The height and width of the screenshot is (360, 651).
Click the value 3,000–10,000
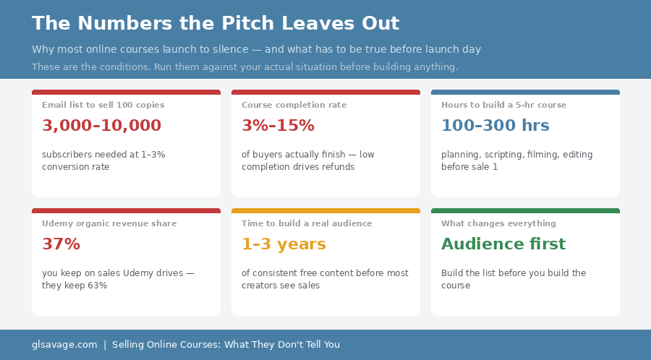point(101,126)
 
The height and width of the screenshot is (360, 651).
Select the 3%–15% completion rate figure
point(278,126)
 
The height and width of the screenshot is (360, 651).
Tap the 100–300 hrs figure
point(495,126)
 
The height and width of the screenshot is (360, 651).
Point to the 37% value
point(61,244)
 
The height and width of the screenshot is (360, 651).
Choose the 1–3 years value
point(284,244)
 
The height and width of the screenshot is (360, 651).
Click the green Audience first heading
point(503,244)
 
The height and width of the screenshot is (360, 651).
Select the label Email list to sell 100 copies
point(103,105)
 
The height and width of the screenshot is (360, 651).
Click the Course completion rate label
point(294,105)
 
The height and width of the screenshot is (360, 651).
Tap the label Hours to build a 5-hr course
point(503,105)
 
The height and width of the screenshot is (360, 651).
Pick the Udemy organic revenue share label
point(109,223)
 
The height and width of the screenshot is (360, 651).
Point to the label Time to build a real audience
point(307,223)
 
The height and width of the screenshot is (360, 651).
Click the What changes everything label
point(498,223)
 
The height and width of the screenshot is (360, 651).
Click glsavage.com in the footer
point(64,345)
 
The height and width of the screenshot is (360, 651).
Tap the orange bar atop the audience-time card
point(325,211)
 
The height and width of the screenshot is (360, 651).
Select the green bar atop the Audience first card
point(525,211)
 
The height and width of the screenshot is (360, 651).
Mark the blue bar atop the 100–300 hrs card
point(525,93)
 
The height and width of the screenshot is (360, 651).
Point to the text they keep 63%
point(75,286)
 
